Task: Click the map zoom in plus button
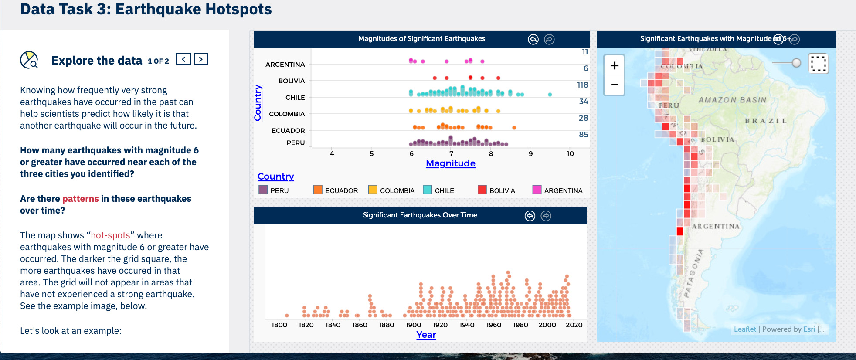tap(614, 66)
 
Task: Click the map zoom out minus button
tap(614, 85)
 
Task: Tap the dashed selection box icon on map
tap(818, 64)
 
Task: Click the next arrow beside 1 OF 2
tap(201, 59)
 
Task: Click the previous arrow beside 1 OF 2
tap(183, 59)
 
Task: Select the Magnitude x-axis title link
tap(450, 163)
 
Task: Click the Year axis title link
tap(426, 335)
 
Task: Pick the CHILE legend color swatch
tap(427, 190)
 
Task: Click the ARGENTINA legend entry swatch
tap(537, 190)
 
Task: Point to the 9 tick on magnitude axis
tap(530, 154)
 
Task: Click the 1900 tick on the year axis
tap(413, 325)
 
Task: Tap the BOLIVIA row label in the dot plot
tap(292, 81)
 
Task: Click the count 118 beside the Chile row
tap(582, 85)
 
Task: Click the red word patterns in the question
tap(81, 199)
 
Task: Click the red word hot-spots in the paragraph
tap(110, 235)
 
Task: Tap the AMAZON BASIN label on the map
tap(732, 100)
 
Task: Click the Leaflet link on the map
tap(745, 329)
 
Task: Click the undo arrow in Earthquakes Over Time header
tap(530, 216)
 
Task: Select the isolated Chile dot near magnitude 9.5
tap(550, 95)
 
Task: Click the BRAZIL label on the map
tap(766, 121)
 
